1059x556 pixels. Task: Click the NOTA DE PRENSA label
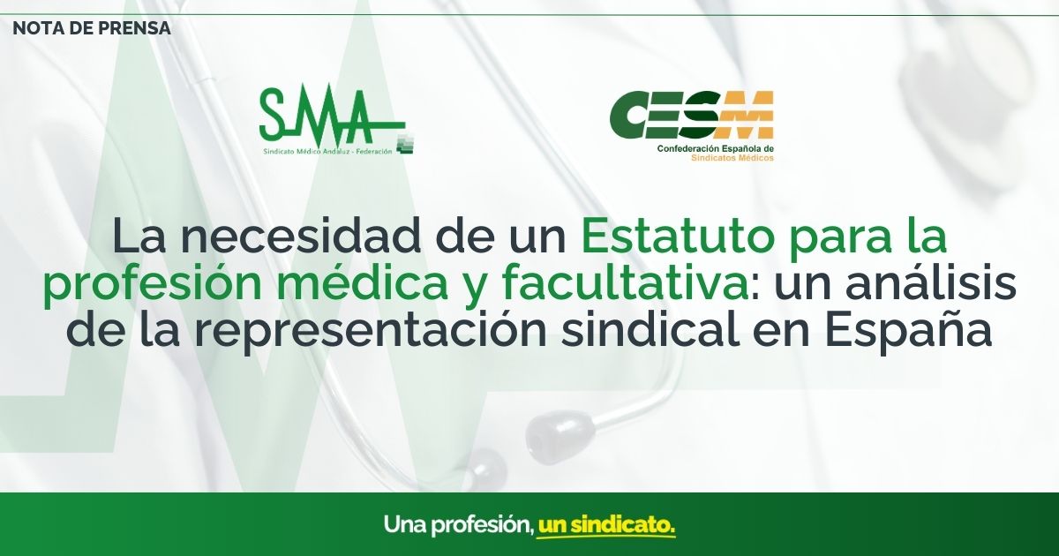(x=92, y=27)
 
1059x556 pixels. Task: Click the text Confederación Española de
(x=715, y=148)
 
